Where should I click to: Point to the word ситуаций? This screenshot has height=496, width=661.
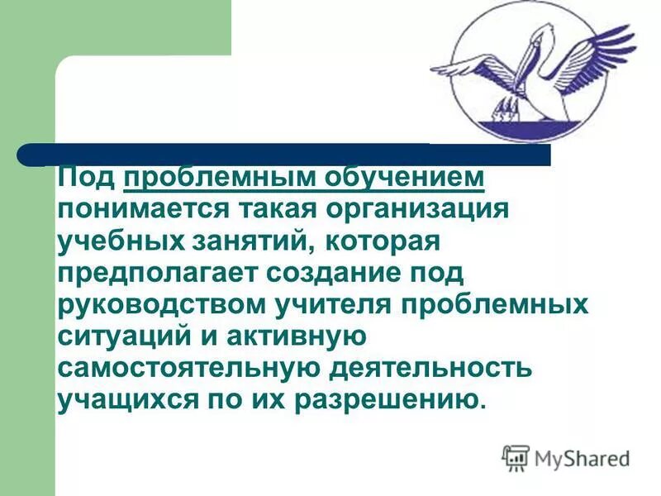(111, 336)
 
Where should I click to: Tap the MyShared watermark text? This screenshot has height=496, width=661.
(582, 457)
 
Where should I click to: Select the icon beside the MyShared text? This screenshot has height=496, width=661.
(516, 457)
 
